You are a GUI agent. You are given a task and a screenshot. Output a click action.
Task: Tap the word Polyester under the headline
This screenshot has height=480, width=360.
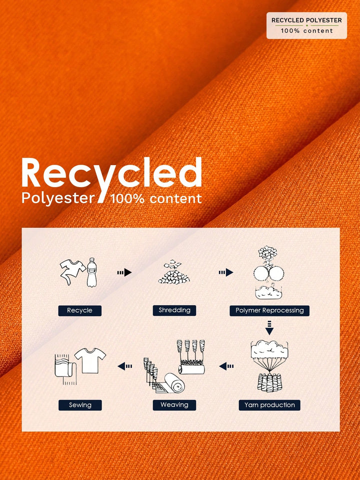click(58, 198)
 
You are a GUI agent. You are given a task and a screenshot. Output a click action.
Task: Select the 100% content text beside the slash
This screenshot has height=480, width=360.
click(156, 199)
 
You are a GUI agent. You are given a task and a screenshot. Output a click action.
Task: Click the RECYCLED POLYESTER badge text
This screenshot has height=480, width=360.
click(306, 20)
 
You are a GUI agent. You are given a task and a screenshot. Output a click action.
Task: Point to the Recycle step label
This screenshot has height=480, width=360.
click(79, 310)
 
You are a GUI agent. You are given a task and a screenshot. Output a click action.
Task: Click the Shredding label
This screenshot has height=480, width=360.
click(174, 310)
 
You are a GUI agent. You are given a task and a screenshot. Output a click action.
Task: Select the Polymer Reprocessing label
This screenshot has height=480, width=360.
click(269, 310)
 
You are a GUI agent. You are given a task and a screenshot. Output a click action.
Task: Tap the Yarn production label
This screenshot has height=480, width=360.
click(269, 405)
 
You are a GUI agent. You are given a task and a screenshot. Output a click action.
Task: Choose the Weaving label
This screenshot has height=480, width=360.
click(174, 405)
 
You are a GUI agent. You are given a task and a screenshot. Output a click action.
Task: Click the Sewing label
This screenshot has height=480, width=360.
click(80, 405)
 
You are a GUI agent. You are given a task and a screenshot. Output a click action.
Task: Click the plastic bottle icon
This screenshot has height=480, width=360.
click(91, 272)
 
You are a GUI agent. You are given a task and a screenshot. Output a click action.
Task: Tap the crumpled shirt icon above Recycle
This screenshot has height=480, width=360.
click(72, 271)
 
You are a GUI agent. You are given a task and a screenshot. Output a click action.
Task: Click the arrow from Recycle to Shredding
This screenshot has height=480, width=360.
click(124, 272)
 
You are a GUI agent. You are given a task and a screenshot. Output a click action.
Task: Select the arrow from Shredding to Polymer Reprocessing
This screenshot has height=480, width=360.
click(226, 272)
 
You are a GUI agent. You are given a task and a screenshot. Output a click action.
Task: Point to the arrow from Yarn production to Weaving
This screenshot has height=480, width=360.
click(226, 366)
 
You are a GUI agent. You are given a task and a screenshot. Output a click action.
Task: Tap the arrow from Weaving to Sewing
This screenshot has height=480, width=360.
click(125, 366)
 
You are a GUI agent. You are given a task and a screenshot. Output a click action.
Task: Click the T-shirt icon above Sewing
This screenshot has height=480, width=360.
click(90, 360)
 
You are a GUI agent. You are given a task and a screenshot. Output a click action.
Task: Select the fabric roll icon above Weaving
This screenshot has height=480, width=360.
click(175, 383)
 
